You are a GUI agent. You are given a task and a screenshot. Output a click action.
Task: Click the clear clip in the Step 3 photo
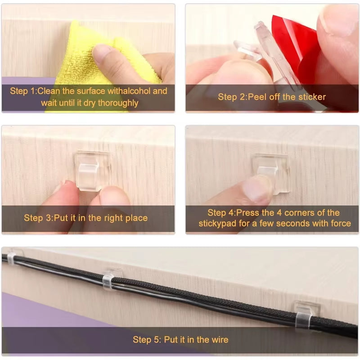pyautogui.click(x=92, y=171)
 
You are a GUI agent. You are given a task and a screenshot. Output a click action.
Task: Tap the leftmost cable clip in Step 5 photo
pyautogui.click(x=13, y=257)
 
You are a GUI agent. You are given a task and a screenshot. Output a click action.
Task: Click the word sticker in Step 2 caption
pyautogui.click(x=310, y=97)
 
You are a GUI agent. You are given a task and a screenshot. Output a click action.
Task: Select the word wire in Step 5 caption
pyautogui.click(x=219, y=340)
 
